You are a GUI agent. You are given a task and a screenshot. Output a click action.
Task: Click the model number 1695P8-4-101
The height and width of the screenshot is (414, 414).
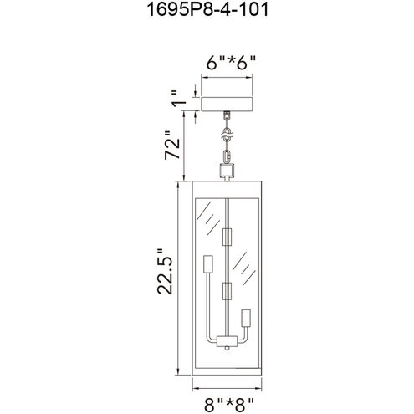pos(207,9)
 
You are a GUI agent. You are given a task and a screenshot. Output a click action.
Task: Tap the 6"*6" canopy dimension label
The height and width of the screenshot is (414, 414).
pos(231,63)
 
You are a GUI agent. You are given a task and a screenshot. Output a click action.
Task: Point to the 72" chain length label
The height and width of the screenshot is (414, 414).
pos(171,146)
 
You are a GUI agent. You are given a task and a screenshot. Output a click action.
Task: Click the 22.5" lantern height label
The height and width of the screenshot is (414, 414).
pos(165,272)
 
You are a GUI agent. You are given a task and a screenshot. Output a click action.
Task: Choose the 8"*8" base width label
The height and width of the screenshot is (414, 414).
pos(229,405)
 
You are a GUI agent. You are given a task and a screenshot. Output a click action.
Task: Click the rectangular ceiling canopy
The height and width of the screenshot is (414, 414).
pos(227,105)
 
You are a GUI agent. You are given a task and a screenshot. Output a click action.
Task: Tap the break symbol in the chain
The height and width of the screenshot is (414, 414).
pos(227,136)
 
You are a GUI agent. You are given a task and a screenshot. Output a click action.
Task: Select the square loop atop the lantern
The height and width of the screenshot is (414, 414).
pos(227,171)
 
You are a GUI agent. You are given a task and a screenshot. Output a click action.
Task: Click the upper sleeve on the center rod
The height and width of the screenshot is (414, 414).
pos(227,237)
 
